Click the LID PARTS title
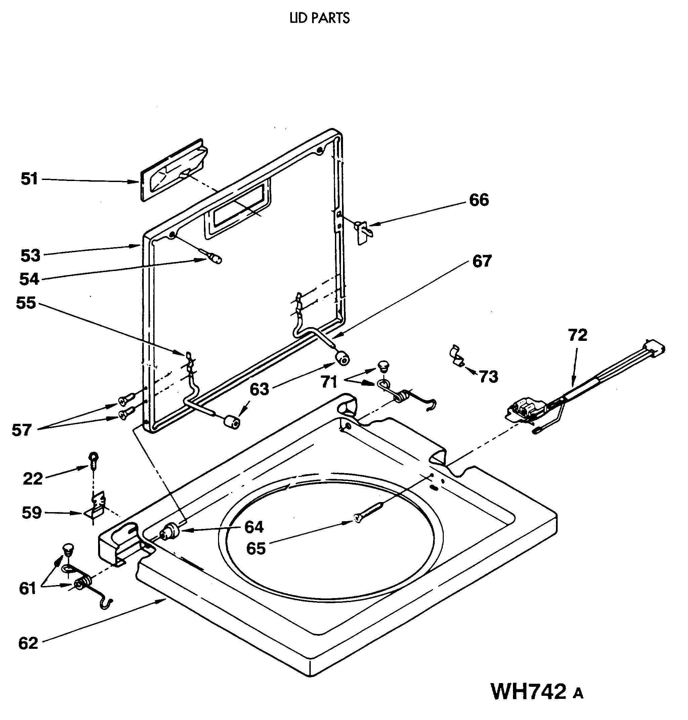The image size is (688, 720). coord(319,18)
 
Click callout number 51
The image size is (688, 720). coord(29,179)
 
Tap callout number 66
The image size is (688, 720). coord(479,200)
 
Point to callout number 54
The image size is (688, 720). coord(29,279)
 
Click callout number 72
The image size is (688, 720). coord(577,335)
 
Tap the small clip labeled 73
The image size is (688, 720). coord(456,356)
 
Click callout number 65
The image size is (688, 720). coord(256,549)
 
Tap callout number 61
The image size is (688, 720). coord(28,588)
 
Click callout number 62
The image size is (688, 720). coord(28,643)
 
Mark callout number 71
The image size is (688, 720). coord(329,382)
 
